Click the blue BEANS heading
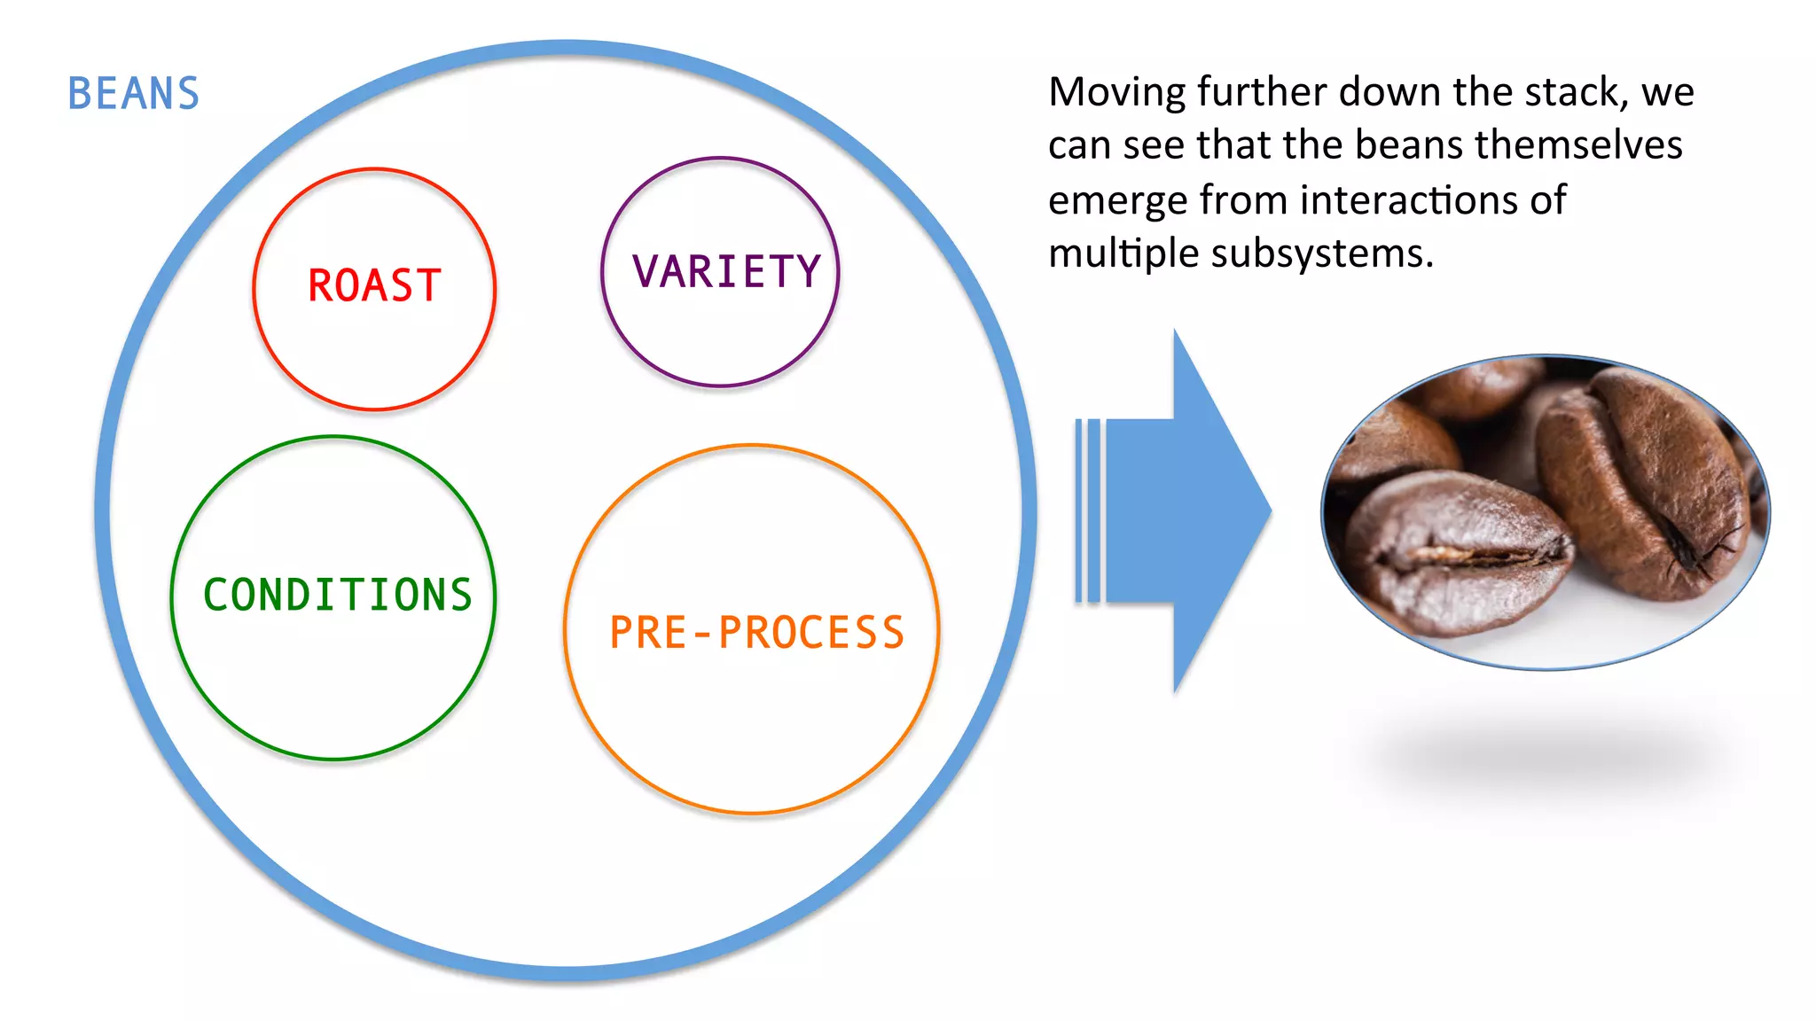(x=134, y=94)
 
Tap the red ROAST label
(x=374, y=286)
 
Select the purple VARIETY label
(x=726, y=272)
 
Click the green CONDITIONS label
(x=338, y=595)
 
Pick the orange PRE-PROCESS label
(x=756, y=633)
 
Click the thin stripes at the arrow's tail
(x=1087, y=511)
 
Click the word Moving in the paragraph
(x=1116, y=92)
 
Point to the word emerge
(x=1117, y=201)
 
